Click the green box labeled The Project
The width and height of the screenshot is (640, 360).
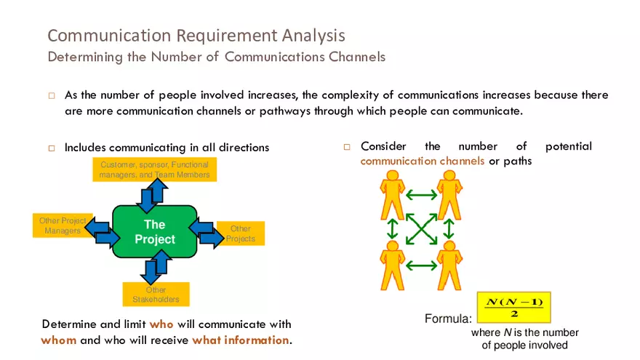[154, 232]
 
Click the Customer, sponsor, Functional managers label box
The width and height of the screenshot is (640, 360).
[154, 169]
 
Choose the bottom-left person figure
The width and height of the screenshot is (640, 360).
[393, 265]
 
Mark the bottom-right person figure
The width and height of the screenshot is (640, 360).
[449, 265]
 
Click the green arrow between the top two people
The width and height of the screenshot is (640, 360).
[421, 194]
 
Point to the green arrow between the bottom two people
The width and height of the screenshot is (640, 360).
[421, 265]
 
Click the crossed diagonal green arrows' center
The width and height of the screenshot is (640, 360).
[421, 230]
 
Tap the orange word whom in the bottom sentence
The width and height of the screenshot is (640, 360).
[58, 340]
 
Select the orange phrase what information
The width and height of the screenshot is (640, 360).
[240, 340]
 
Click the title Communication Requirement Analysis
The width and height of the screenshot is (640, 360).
[196, 35]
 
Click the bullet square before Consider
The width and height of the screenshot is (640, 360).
[347, 147]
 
